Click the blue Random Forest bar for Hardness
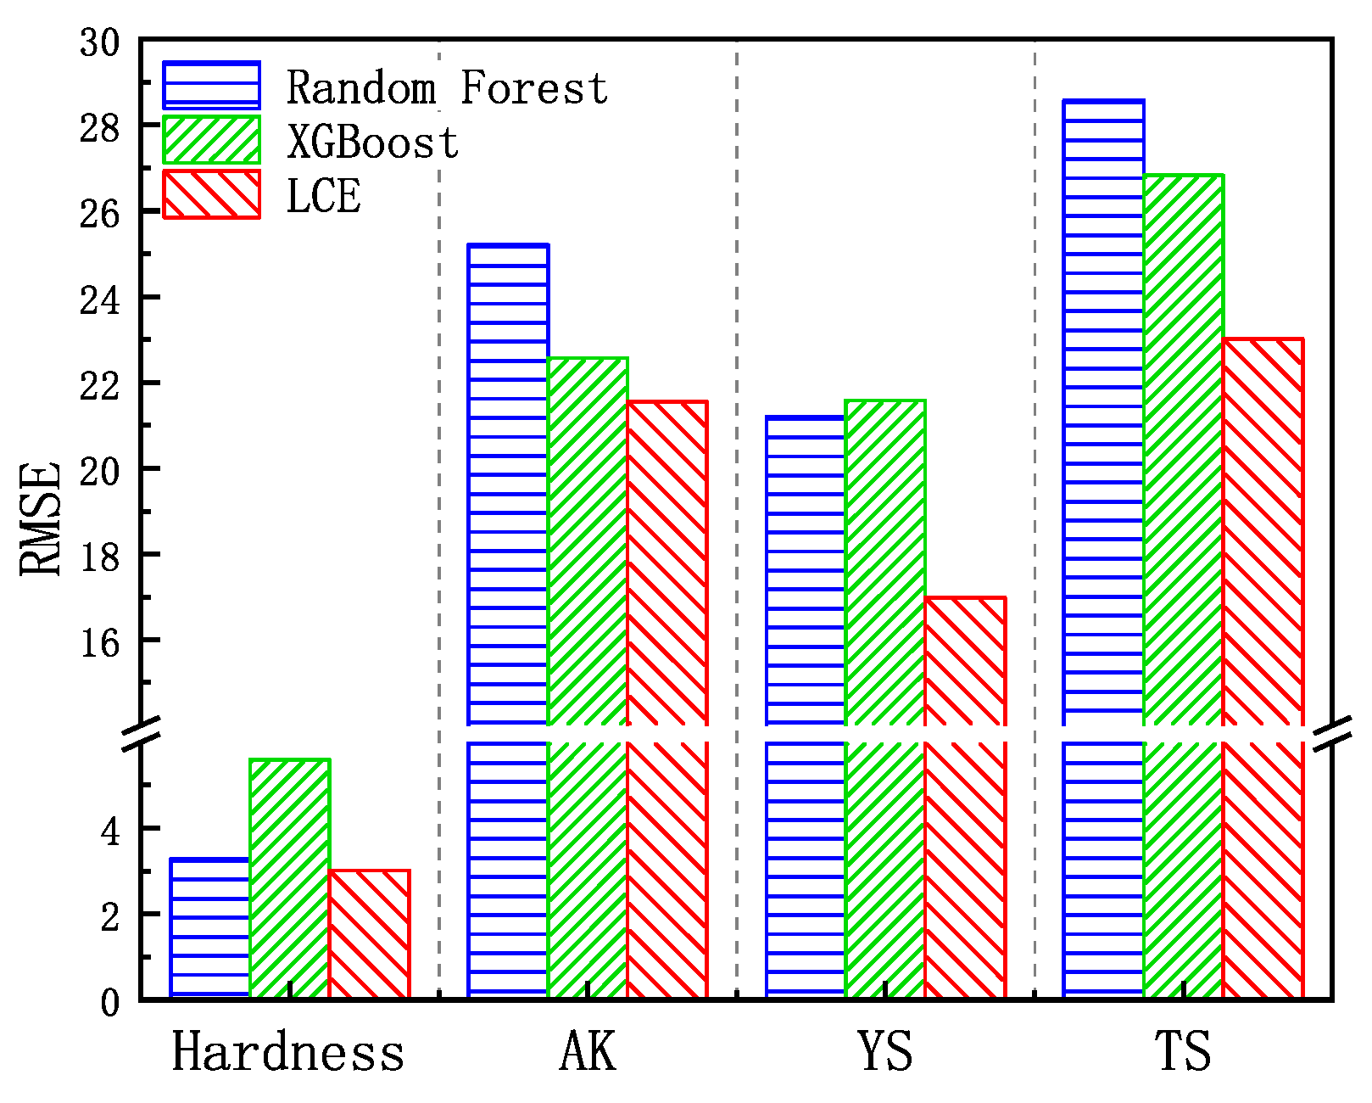(x=209, y=928)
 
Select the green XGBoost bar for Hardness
(x=290, y=878)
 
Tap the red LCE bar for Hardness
(x=369, y=933)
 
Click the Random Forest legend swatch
(x=211, y=86)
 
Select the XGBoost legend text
(x=372, y=142)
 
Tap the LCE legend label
(x=323, y=195)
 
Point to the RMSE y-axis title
(x=41, y=518)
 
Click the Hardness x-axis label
(x=288, y=1052)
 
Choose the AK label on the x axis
(x=588, y=1052)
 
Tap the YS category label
(x=885, y=1052)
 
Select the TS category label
(x=1184, y=1052)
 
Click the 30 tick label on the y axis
(x=99, y=42)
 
